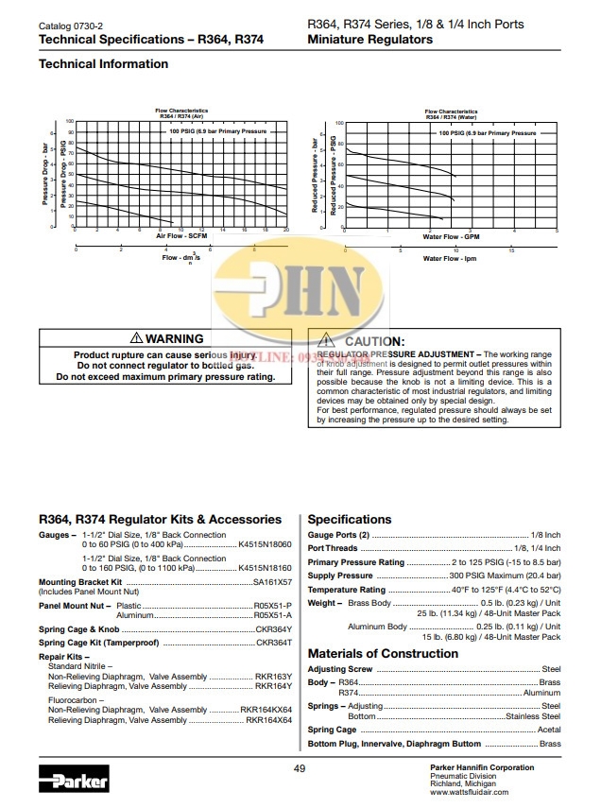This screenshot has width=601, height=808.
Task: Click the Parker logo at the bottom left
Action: tap(74, 782)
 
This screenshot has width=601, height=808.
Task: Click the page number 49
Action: tap(300, 768)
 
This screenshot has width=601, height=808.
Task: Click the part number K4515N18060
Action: tap(266, 545)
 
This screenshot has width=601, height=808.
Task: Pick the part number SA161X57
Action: tap(272, 582)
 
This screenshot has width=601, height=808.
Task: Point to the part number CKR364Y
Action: tap(274, 628)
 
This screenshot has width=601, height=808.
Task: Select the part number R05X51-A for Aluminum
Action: tap(273, 614)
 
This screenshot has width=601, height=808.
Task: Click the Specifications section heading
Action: tap(350, 519)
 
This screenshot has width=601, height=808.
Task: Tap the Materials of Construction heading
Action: tap(383, 653)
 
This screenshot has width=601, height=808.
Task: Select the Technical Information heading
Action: tap(103, 64)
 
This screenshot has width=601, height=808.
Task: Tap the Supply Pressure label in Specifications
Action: tap(340, 576)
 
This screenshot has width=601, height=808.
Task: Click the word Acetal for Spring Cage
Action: tap(549, 730)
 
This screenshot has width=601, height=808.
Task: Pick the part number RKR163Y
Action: tap(274, 677)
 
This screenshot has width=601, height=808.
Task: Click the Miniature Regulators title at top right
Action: tap(369, 40)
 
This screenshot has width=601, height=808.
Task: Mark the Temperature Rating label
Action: tap(347, 589)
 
